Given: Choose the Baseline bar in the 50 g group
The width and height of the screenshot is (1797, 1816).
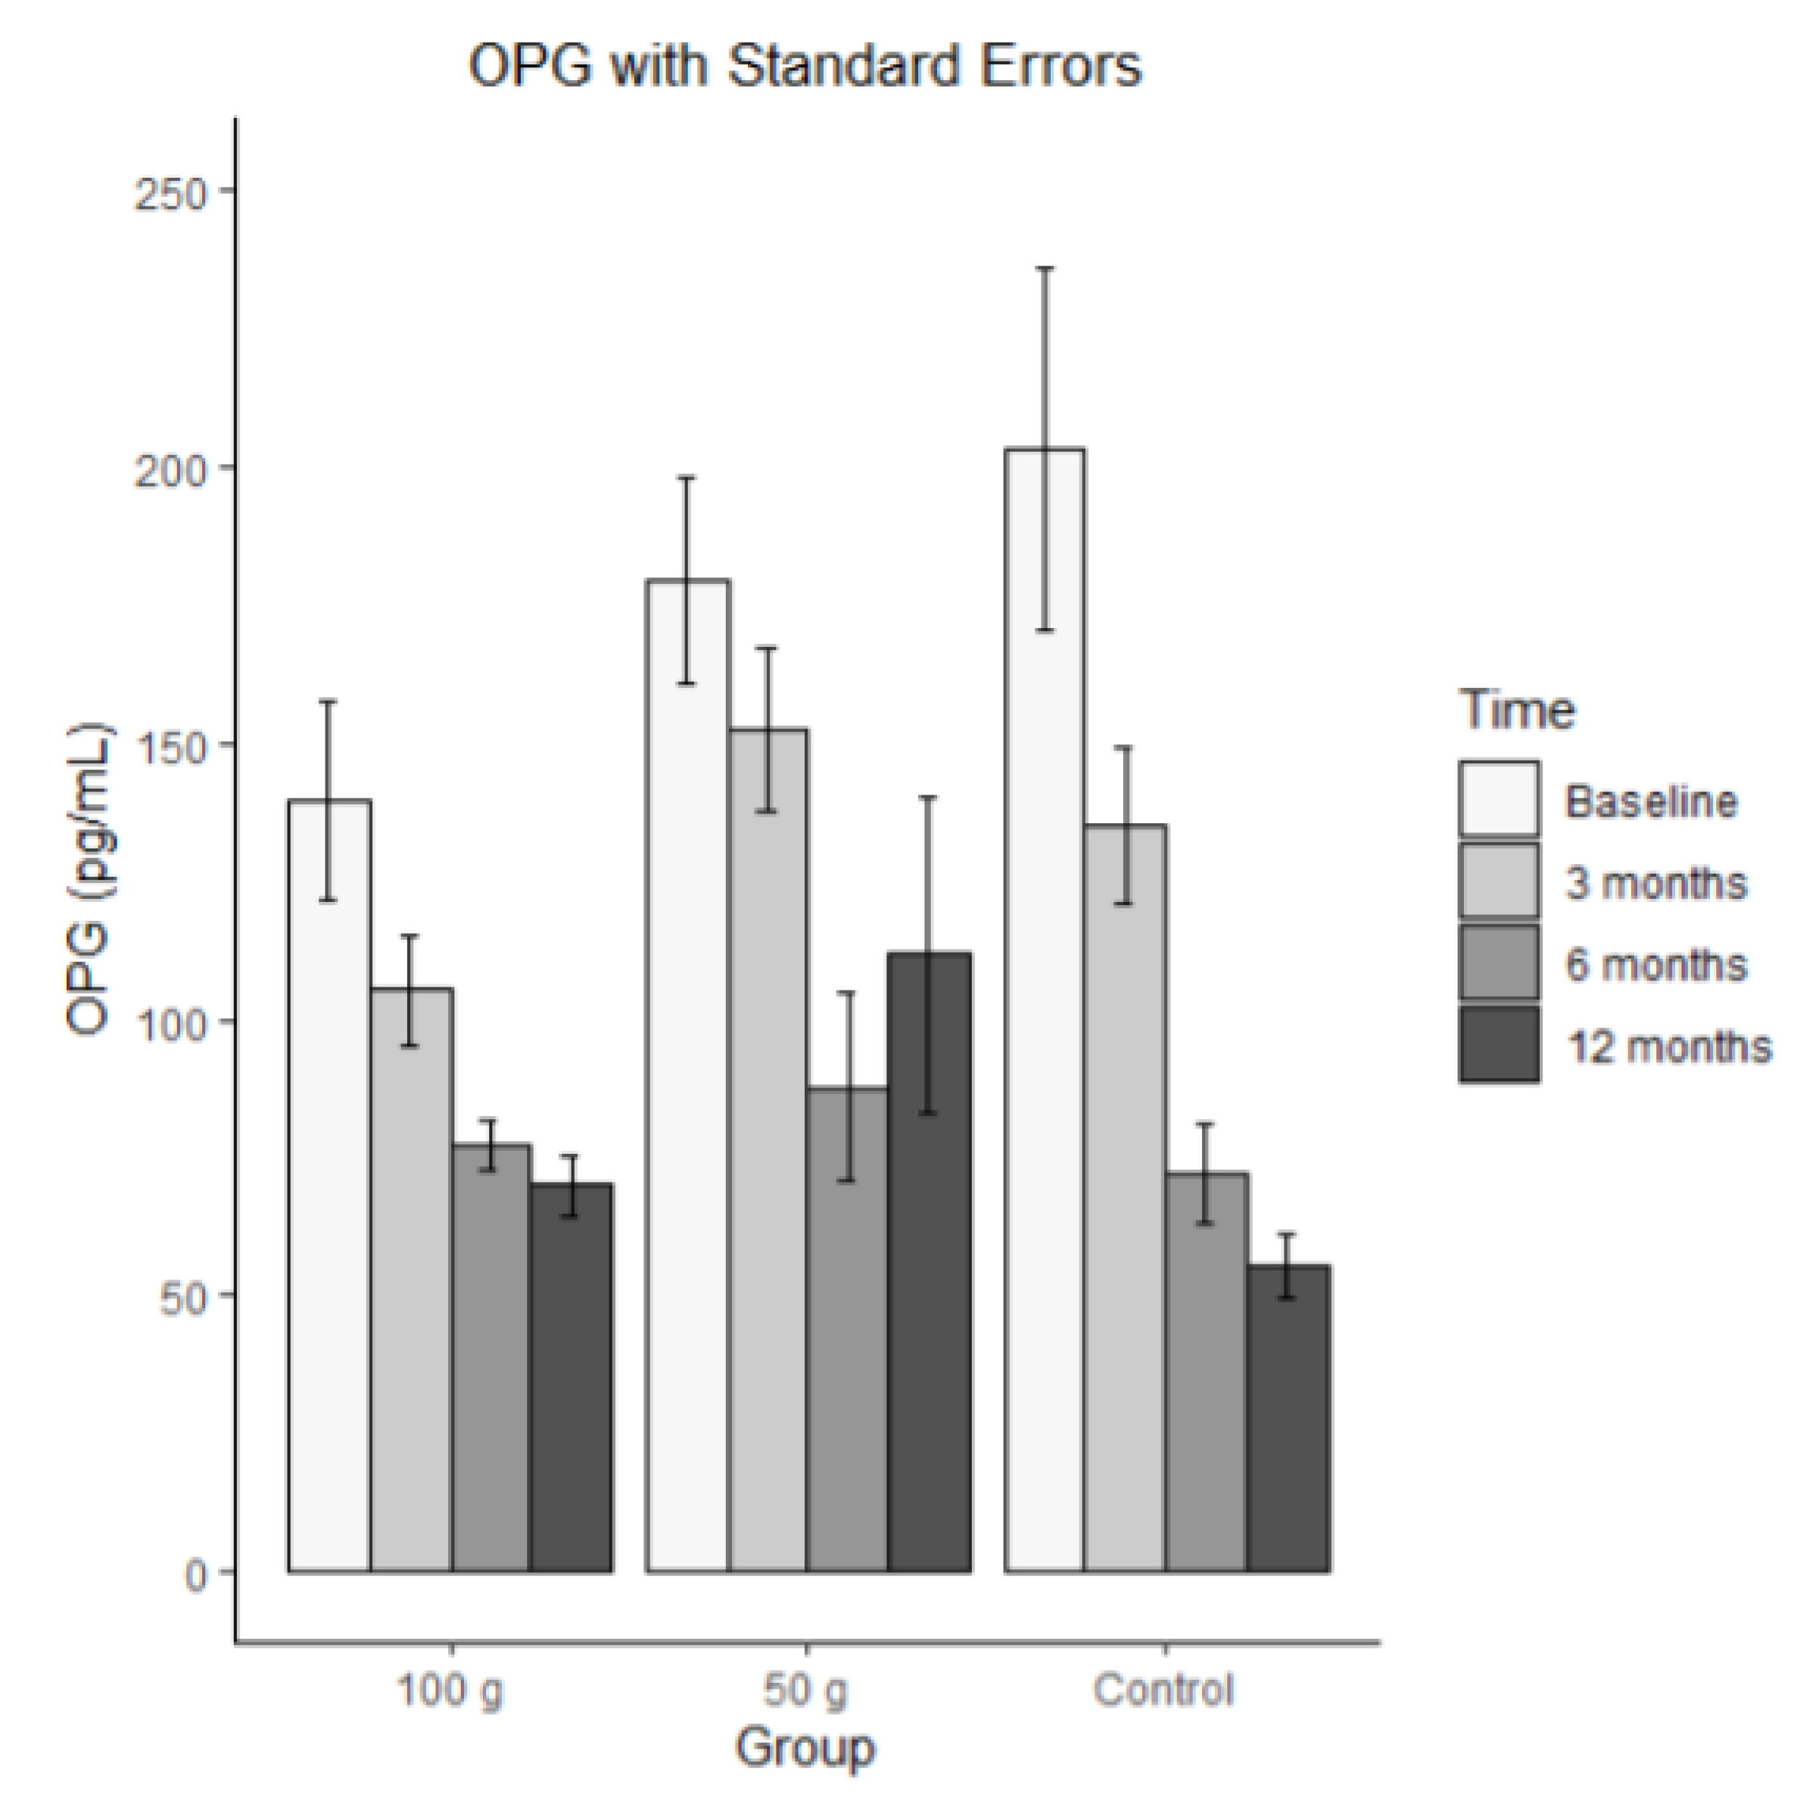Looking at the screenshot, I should tap(687, 1081).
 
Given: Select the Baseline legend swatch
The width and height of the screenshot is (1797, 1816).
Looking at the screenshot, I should tap(1499, 799).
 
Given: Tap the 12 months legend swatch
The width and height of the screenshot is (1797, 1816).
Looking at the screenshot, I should tap(1499, 1044).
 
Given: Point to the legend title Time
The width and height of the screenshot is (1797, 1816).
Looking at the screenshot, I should tap(1516, 710).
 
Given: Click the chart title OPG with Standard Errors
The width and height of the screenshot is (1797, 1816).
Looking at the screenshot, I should tap(805, 66).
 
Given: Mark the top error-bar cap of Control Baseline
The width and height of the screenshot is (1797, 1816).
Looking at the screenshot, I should tap(1044, 269).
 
